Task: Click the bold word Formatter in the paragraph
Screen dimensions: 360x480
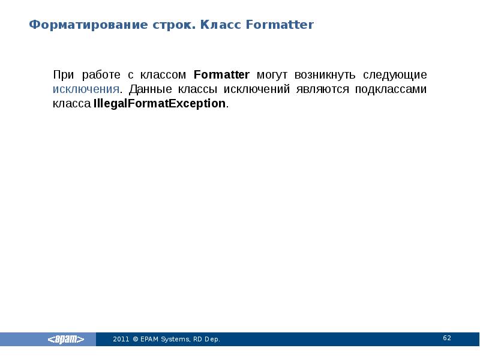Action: (x=222, y=75)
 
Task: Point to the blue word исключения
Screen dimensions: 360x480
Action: (x=86, y=89)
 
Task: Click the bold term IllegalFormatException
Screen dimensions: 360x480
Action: (x=160, y=104)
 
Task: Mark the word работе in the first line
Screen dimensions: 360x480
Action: (x=102, y=75)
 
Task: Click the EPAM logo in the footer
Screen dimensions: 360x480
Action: (x=66, y=340)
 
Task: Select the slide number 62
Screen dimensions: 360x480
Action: (x=447, y=338)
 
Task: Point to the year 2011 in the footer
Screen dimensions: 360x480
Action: (x=121, y=340)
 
